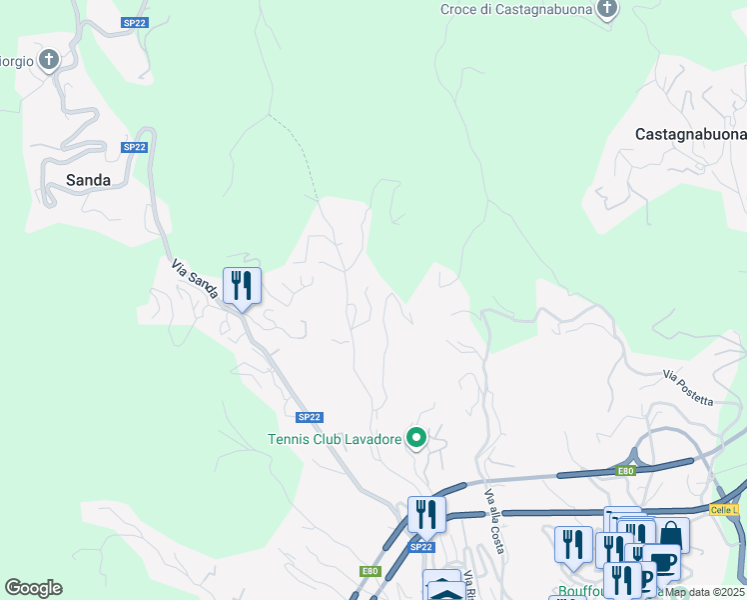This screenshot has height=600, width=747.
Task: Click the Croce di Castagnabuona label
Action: [515, 9]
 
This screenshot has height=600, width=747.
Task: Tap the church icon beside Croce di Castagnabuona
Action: [607, 9]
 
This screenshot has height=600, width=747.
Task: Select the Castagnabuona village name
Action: [690, 134]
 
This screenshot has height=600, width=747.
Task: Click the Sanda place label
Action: [88, 181]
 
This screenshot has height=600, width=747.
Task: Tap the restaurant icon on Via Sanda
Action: [242, 286]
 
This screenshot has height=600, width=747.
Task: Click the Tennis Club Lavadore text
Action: [334, 439]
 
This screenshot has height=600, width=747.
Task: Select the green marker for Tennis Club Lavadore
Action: [416, 438]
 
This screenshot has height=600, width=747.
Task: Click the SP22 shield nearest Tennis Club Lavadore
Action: [310, 417]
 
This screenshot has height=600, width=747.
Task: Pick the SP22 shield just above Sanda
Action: [134, 147]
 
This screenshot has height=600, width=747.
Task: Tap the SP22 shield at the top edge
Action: [134, 22]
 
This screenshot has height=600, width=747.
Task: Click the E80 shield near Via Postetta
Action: [626, 471]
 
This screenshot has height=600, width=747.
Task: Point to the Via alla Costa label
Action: [493, 521]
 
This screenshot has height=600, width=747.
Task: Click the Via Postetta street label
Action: [687, 388]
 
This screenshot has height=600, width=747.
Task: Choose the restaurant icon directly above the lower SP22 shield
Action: [426, 515]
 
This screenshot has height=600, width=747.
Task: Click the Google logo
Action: [33, 588]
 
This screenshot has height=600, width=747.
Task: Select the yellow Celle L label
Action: [724, 510]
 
